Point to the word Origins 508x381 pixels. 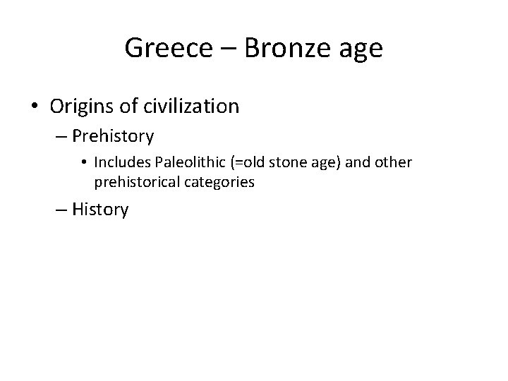tap(81, 107)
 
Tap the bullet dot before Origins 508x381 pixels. tap(35, 107)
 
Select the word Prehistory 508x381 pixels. tap(113, 135)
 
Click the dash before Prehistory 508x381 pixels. tap(62, 136)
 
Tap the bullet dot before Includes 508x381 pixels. tap(84, 163)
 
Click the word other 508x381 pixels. tap(394, 162)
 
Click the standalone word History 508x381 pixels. tap(100, 210)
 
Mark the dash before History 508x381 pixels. tap(62, 210)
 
